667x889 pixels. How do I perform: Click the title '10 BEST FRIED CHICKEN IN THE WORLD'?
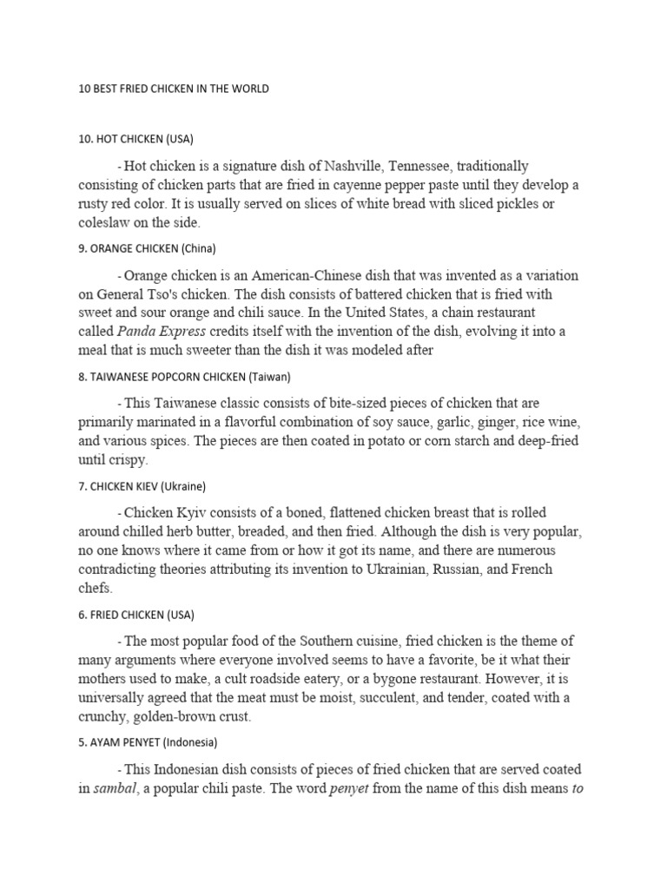pos(174,89)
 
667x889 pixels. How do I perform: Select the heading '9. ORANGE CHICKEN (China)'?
pos(147,248)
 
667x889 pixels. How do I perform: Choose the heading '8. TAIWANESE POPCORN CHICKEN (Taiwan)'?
pos(184,377)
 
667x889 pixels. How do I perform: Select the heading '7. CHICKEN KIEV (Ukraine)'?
pos(142,486)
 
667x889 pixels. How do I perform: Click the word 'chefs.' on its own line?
pos(96,589)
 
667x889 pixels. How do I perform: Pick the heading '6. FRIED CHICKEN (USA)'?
pos(136,615)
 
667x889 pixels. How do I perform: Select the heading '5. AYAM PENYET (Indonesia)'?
pos(148,743)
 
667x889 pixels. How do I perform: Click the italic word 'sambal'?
pos(119,788)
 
